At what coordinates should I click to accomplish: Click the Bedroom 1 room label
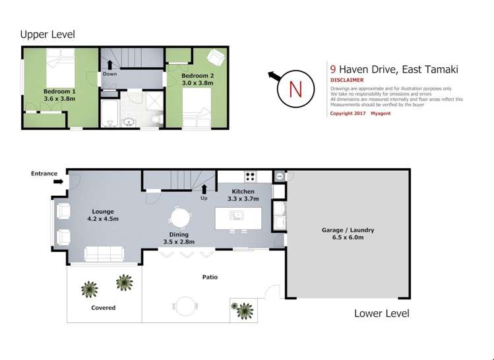coord(59,94)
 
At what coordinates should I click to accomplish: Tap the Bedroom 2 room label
coord(197,79)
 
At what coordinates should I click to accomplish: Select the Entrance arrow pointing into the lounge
coord(58,181)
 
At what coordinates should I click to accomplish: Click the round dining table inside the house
coord(179,216)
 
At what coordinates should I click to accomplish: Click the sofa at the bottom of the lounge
coord(104,253)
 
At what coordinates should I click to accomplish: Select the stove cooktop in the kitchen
coord(251,176)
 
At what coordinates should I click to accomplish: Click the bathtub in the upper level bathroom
coord(109,114)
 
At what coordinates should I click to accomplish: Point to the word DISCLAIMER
coord(347,80)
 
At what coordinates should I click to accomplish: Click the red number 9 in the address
coord(332,69)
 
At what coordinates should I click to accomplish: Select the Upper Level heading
coord(47,34)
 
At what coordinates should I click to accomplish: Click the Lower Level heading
coord(381,313)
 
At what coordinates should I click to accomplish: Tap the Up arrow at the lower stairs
coord(204,192)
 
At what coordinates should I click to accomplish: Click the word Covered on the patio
coord(103,308)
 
